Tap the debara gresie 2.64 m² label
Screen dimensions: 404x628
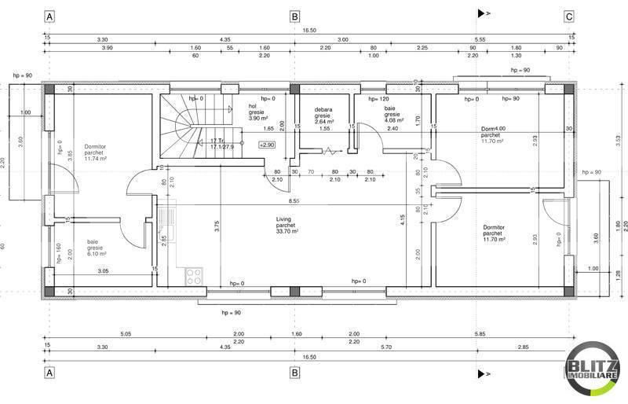coord(325,116)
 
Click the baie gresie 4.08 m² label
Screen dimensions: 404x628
coord(394,115)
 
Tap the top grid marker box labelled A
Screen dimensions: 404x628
coord(50,16)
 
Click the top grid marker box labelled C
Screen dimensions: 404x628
coord(568,16)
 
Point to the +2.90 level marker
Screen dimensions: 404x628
coord(267,145)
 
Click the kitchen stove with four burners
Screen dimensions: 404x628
coord(193,276)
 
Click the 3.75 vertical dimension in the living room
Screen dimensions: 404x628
coord(217,228)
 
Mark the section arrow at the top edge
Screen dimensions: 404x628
coord(484,13)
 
